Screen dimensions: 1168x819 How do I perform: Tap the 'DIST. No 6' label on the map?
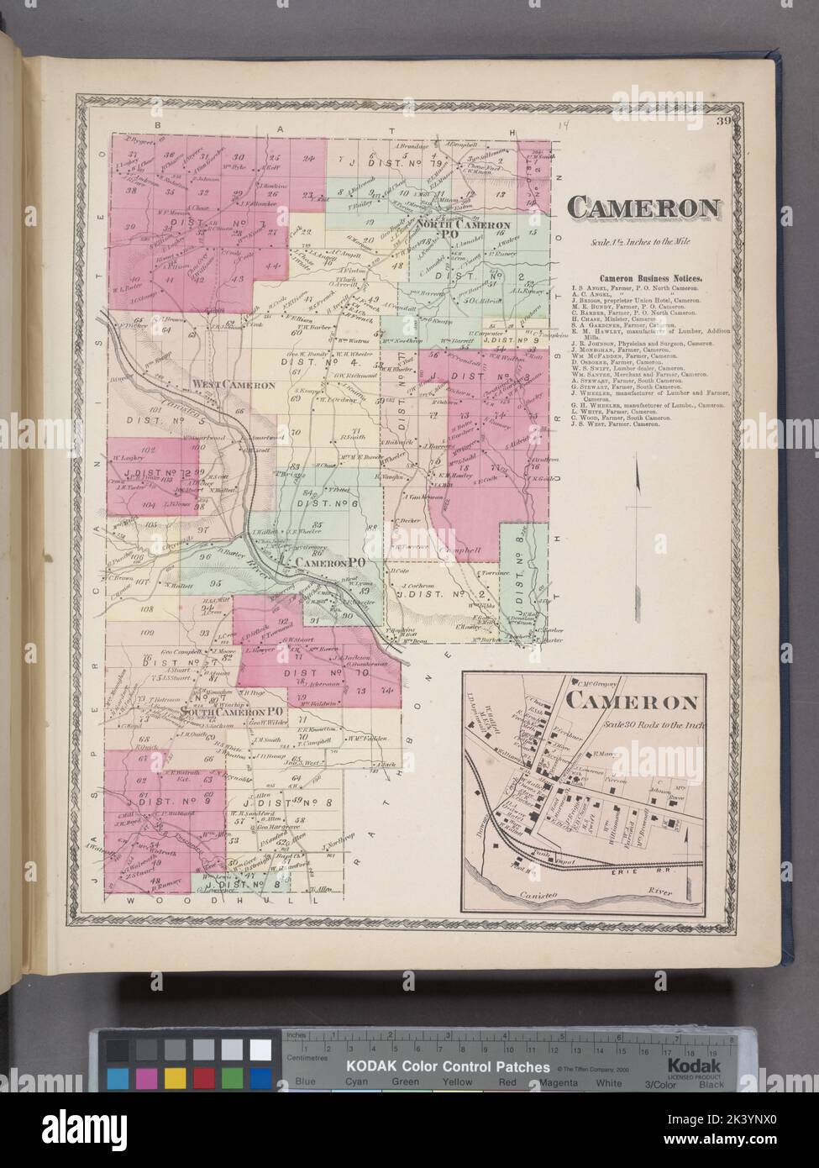tap(330, 505)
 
